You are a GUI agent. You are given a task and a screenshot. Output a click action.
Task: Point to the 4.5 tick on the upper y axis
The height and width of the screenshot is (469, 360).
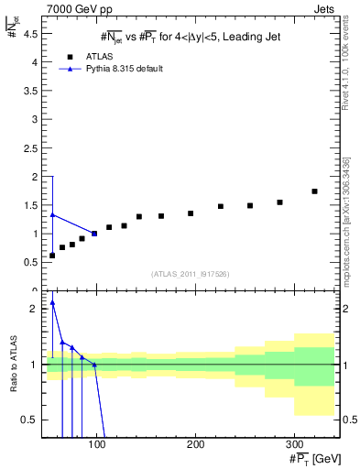[x=29, y=34]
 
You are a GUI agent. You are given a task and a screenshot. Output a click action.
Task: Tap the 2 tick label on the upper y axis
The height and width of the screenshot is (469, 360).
[x=33, y=177]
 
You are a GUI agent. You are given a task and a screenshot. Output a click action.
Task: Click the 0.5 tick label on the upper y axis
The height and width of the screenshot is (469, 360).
[x=29, y=262]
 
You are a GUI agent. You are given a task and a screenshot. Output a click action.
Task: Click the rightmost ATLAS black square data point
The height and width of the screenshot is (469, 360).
[x=314, y=191]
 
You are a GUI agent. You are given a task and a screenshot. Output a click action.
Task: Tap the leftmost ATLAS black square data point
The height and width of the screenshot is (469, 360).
[x=52, y=255]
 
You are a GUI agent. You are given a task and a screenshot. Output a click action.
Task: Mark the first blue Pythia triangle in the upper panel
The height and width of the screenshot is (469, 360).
[x=52, y=214]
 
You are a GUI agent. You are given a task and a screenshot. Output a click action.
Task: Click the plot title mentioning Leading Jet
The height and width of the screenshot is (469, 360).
[x=190, y=37]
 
